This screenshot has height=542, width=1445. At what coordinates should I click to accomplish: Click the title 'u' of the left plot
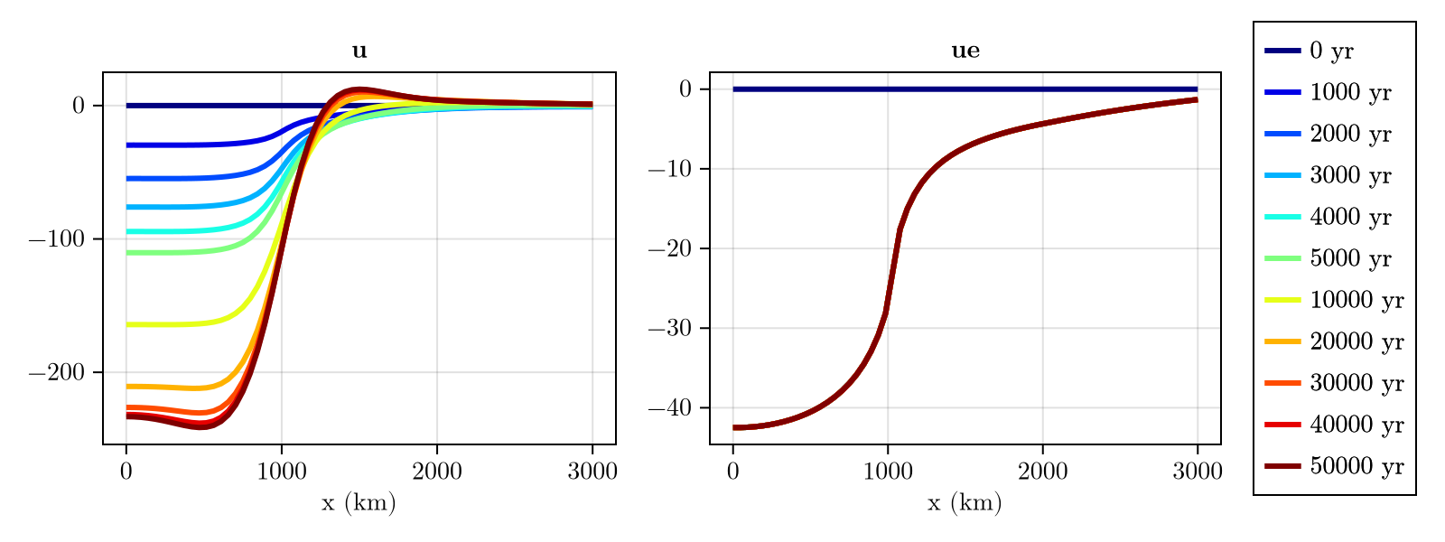click(359, 51)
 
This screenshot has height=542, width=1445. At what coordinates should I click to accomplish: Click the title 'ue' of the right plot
click(965, 51)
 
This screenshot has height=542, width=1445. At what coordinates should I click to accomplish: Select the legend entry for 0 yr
click(1331, 51)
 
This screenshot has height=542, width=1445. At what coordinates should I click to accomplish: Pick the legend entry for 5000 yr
click(1350, 258)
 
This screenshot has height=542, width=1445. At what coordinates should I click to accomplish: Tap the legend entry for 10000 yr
click(1356, 300)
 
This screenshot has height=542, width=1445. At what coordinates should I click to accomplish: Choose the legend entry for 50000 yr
click(1356, 466)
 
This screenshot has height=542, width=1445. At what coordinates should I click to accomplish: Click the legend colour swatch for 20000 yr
click(1282, 341)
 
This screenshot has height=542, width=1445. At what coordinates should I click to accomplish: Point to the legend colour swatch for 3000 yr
click(1282, 175)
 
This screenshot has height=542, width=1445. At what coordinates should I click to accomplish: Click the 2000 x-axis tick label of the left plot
click(437, 472)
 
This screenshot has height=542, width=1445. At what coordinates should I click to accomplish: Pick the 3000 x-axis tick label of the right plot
click(1198, 472)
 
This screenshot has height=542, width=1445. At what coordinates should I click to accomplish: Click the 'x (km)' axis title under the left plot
click(359, 503)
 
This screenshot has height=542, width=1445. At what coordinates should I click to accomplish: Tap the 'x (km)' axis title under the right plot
click(965, 503)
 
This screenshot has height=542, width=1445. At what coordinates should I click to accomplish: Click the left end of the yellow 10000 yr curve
click(128, 324)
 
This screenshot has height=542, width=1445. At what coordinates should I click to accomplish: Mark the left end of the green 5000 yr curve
click(128, 253)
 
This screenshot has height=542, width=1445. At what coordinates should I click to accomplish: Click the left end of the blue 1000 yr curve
click(128, 145)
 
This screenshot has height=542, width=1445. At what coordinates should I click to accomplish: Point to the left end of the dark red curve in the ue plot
click(735, 427)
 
